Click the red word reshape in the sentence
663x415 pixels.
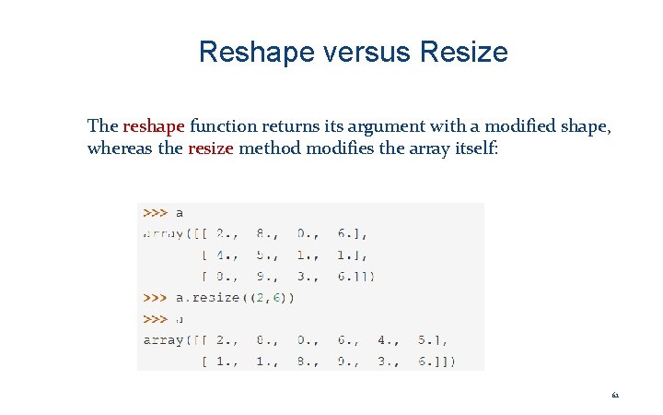point(154,126)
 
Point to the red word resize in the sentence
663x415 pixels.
point(210,148)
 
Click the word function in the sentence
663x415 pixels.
point(224,126)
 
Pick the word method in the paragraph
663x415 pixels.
point(270,148)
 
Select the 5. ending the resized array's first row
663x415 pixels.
point(428,339)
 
